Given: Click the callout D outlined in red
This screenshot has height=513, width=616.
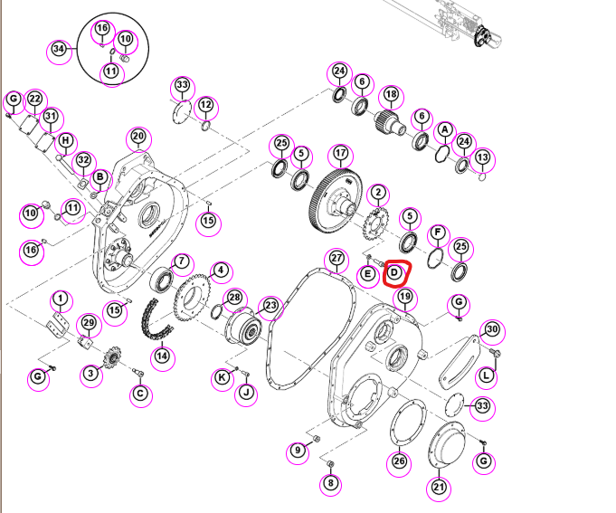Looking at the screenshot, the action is click(394, 272).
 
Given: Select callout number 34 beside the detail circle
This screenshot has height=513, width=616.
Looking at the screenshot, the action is click(59, 49).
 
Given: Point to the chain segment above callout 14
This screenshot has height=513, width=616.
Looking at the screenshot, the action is click(156, 320).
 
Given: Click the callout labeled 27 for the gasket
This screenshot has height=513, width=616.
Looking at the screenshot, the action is click(336, 259).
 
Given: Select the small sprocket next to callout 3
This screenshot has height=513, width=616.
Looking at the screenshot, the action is click(112, 358).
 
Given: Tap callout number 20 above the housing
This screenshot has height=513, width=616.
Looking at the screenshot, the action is click(138, 137).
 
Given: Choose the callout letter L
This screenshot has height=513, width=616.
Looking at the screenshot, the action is click(487, 375).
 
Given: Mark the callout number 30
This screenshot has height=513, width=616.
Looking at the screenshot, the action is click(492, 329).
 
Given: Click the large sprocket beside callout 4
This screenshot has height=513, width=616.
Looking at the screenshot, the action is click(192, 298).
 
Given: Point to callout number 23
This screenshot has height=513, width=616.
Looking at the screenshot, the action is click(270, 306).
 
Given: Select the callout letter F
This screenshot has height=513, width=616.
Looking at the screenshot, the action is click(437, 233).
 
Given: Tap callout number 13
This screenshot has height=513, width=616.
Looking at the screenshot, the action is click(483, 157).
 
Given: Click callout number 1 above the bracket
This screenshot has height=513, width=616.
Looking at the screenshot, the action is click(60, 299).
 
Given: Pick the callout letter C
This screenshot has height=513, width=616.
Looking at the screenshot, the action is click(140, 394).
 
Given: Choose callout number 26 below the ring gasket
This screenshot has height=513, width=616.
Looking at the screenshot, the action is click(399, 461).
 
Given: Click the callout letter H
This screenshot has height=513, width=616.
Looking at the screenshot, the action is click(66, 140).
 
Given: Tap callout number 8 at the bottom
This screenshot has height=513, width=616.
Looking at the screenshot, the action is click(330, 482).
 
